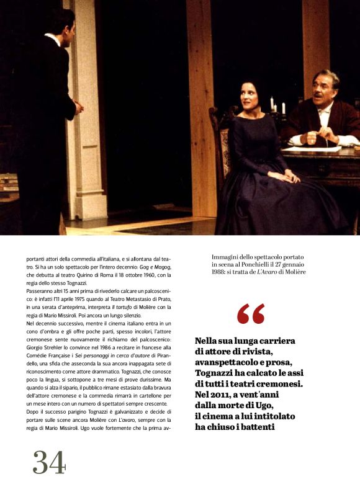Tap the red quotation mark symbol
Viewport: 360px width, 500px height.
[x=250, y=314]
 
